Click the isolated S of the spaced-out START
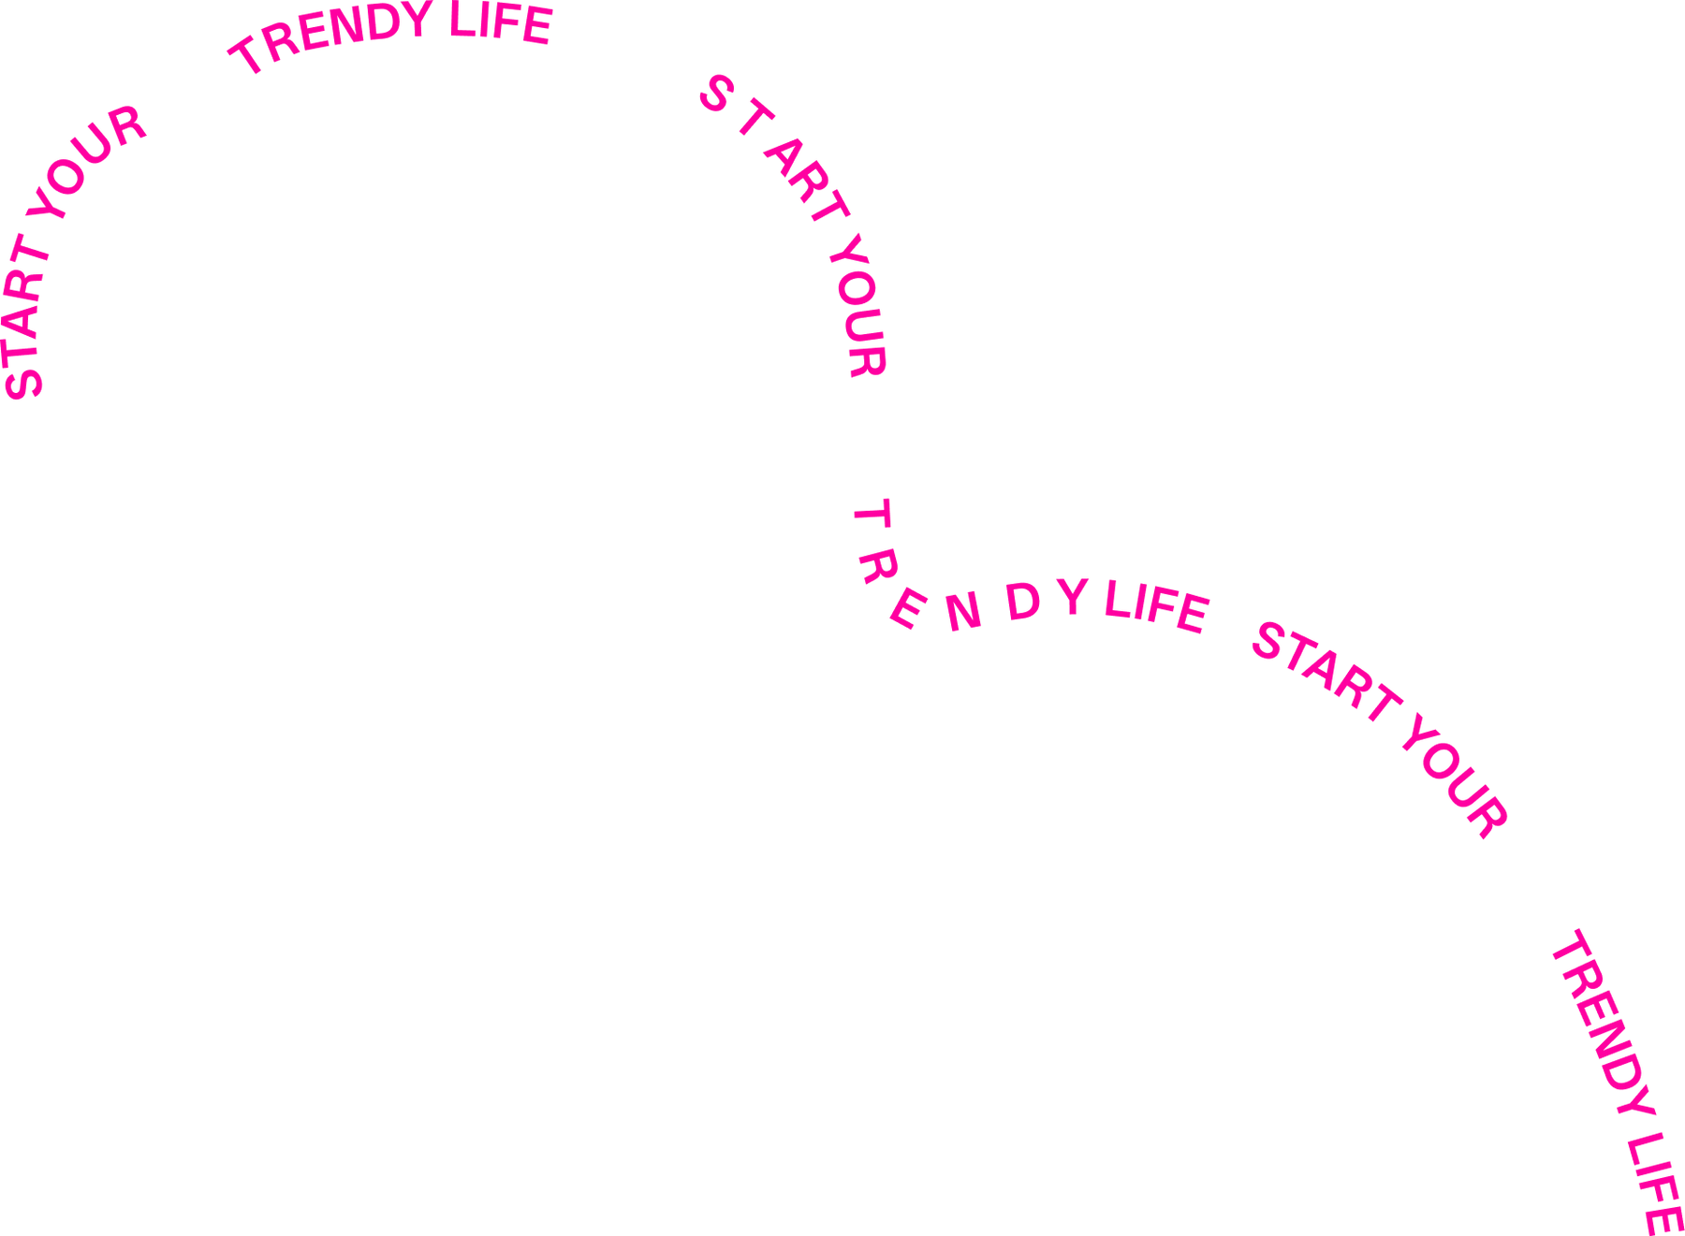coord(715,95)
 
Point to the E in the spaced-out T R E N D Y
coord(906,609)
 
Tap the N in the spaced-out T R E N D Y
coord(962,612)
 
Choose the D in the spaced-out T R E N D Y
coord(1022,601)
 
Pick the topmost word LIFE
coord(501,23)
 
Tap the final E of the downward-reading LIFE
coord(1664,1219)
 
